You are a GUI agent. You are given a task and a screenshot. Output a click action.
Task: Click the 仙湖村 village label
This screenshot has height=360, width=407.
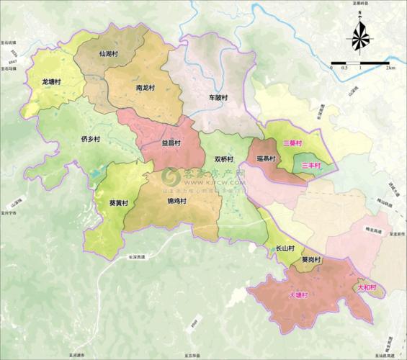click(111, 54)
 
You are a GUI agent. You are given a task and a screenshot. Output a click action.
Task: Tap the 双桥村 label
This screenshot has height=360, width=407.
click(224, 159)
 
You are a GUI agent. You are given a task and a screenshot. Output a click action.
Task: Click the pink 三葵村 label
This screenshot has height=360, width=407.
click(292, 144)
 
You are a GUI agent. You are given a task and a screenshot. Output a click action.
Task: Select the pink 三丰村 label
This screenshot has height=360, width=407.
click(311, 166)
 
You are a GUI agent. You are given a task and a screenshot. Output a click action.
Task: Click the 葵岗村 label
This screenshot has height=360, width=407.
click(312, 260)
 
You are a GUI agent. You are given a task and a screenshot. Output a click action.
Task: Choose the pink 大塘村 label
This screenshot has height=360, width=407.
click(298, 295)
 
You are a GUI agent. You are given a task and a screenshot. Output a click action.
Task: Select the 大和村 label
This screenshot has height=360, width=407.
click(367, 287)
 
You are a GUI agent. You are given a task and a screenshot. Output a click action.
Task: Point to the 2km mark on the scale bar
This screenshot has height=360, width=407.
click(390, 68)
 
